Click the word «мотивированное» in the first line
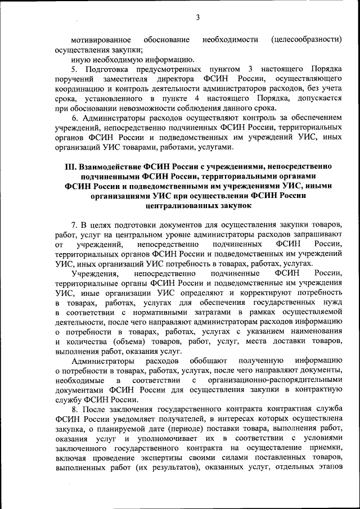pyautogui.click(x=101, y=39)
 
